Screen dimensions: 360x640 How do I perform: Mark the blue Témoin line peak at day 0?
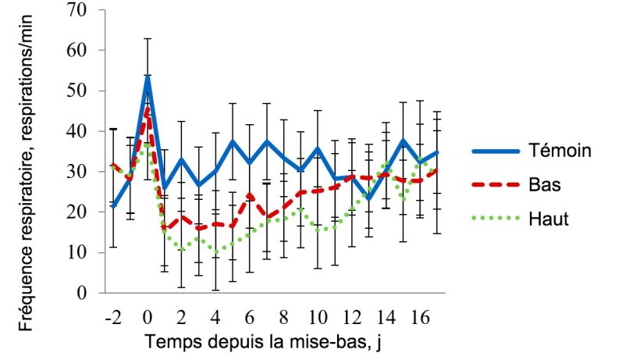148,77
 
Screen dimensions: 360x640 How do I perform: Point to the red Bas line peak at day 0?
148,109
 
